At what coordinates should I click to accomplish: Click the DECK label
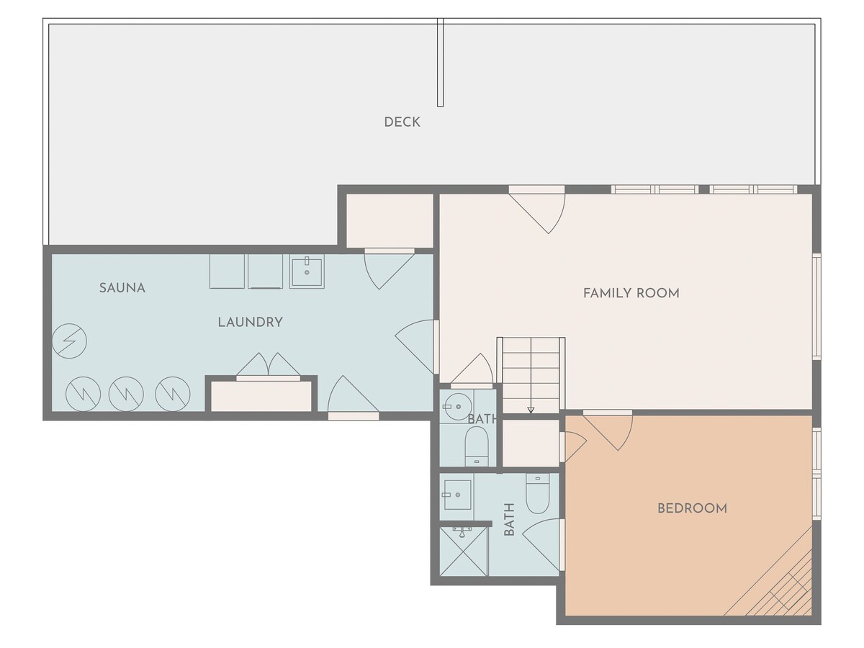[x=402, y=122]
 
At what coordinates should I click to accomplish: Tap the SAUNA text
[x=122, y=288]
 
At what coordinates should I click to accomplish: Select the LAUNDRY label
[x=251, y=323]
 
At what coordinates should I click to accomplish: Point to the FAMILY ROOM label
[x=631, y=293]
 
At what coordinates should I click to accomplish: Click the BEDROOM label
[x=693, y=508]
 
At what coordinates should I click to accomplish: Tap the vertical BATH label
[x=509, y=519]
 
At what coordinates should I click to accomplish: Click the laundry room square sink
[x=307, y=271]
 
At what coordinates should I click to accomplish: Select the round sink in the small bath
[x=457, y=406]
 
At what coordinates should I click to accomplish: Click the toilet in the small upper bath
[x=477, y=446]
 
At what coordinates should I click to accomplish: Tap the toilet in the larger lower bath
[x=538, y=493]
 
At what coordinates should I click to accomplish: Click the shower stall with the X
[x=464, y=552]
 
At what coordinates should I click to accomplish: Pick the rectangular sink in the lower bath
[x=456, y=495]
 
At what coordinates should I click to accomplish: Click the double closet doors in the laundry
[x=268, y=366]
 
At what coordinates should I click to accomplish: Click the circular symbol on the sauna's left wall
[x=69, y=341]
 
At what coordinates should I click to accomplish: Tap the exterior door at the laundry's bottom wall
[x=353, y=397]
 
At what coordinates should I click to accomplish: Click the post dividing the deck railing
[x=441, y=62]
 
